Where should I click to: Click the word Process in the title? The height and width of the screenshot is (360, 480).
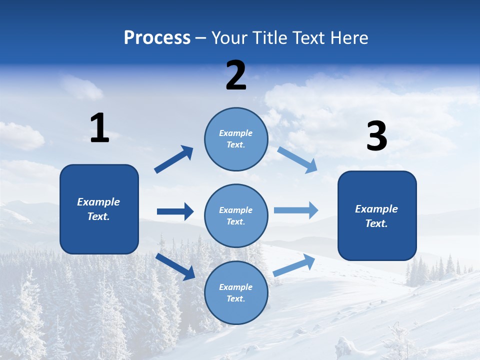[x=157, y=38]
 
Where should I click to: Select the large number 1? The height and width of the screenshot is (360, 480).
[x=99, y=128]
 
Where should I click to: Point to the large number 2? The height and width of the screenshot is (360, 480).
[x=236, y=75]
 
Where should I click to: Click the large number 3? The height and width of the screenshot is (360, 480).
[x=377, y=136]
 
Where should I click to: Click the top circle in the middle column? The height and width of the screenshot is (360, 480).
[x=236, y=139]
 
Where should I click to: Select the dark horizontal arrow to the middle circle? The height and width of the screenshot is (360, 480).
[x=175, y=211]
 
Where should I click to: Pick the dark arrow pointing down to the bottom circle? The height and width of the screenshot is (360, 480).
[x=175, y=266]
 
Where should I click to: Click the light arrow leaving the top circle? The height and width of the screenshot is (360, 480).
[x=297, y=159]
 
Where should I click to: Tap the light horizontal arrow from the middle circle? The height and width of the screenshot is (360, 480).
[x=296, y=210]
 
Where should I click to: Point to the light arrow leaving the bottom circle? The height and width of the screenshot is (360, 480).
[x=294, y=265]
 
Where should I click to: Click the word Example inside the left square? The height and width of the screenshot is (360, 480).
[x=98, y=202]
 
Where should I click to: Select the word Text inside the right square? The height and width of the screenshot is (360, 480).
[x=376, y=223]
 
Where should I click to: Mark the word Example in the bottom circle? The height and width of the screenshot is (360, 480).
[x=236, y=287]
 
